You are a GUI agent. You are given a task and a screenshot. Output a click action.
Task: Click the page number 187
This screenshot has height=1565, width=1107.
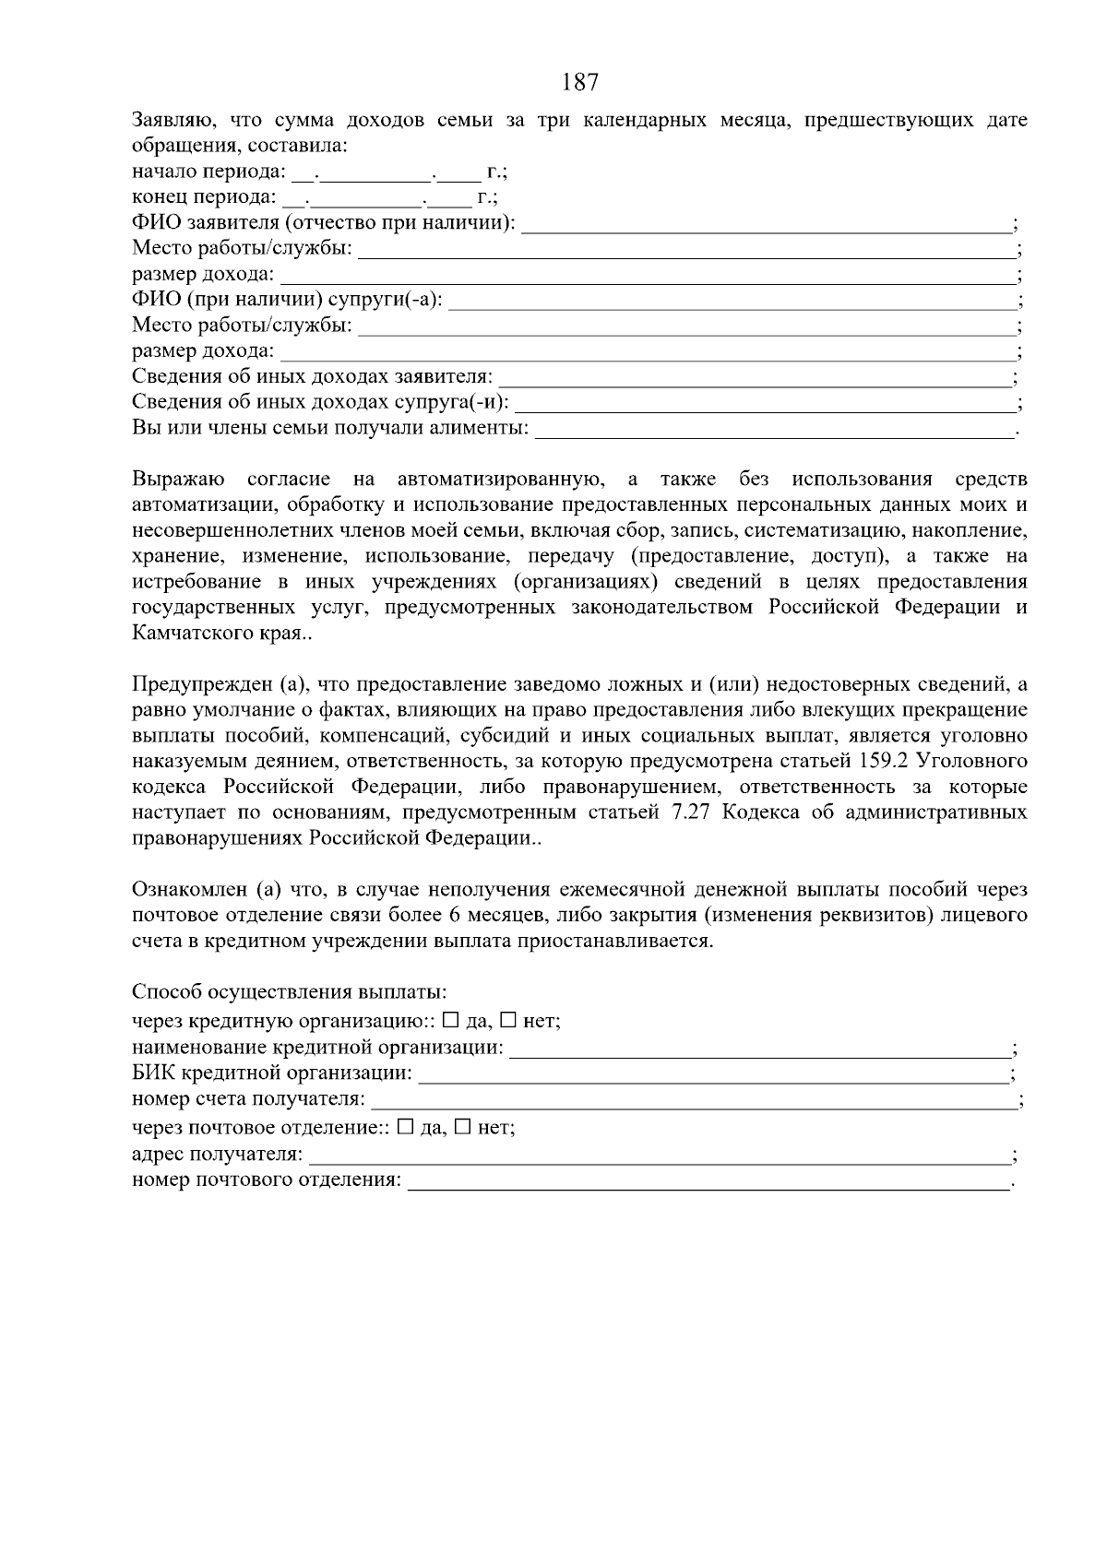coord(579,83)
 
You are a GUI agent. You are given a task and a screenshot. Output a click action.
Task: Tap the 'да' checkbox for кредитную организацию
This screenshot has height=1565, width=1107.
coord(450,1021)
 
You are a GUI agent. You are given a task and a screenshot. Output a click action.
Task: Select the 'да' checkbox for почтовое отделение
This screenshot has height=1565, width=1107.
coord(404,1127)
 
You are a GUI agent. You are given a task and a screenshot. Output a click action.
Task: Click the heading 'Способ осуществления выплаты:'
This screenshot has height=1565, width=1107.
coord(290,992)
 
